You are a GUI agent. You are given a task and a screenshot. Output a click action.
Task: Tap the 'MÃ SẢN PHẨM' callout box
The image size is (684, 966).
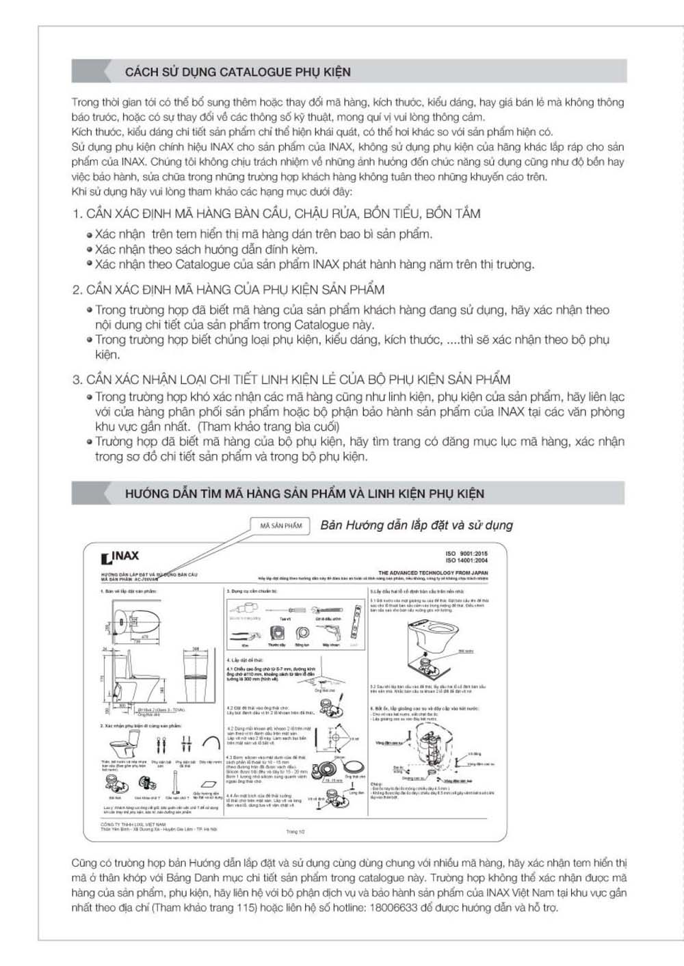[x=281, y=525]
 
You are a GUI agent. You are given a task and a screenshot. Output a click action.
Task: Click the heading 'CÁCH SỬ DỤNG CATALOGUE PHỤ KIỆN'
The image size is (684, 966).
[x=237, y=72]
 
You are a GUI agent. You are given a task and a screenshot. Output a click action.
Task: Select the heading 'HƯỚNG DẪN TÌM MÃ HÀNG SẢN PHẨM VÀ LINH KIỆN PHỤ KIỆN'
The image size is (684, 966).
[x=304, y=494]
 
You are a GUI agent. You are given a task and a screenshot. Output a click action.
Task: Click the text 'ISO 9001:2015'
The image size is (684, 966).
[x=467, y=554]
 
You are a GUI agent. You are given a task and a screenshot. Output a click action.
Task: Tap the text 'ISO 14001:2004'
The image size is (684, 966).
[x=467, y=561]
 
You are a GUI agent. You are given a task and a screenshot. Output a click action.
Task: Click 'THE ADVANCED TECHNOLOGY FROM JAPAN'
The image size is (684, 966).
[x=433, y=573]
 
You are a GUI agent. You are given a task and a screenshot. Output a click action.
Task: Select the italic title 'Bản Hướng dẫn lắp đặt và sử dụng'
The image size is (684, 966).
[x=416, y=525]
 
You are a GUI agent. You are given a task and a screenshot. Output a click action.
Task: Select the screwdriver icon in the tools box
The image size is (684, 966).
[x=284, y=610]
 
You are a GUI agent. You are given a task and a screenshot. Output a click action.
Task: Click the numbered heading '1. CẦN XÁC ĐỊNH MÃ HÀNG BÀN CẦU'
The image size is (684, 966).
[x=276, y=213]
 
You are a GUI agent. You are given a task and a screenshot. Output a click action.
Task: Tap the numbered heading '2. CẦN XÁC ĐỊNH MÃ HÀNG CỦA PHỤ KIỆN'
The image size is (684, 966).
[x=228, y=289]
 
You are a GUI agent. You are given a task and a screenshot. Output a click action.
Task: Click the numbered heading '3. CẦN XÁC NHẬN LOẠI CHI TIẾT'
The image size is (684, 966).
[x=291, y=379]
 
